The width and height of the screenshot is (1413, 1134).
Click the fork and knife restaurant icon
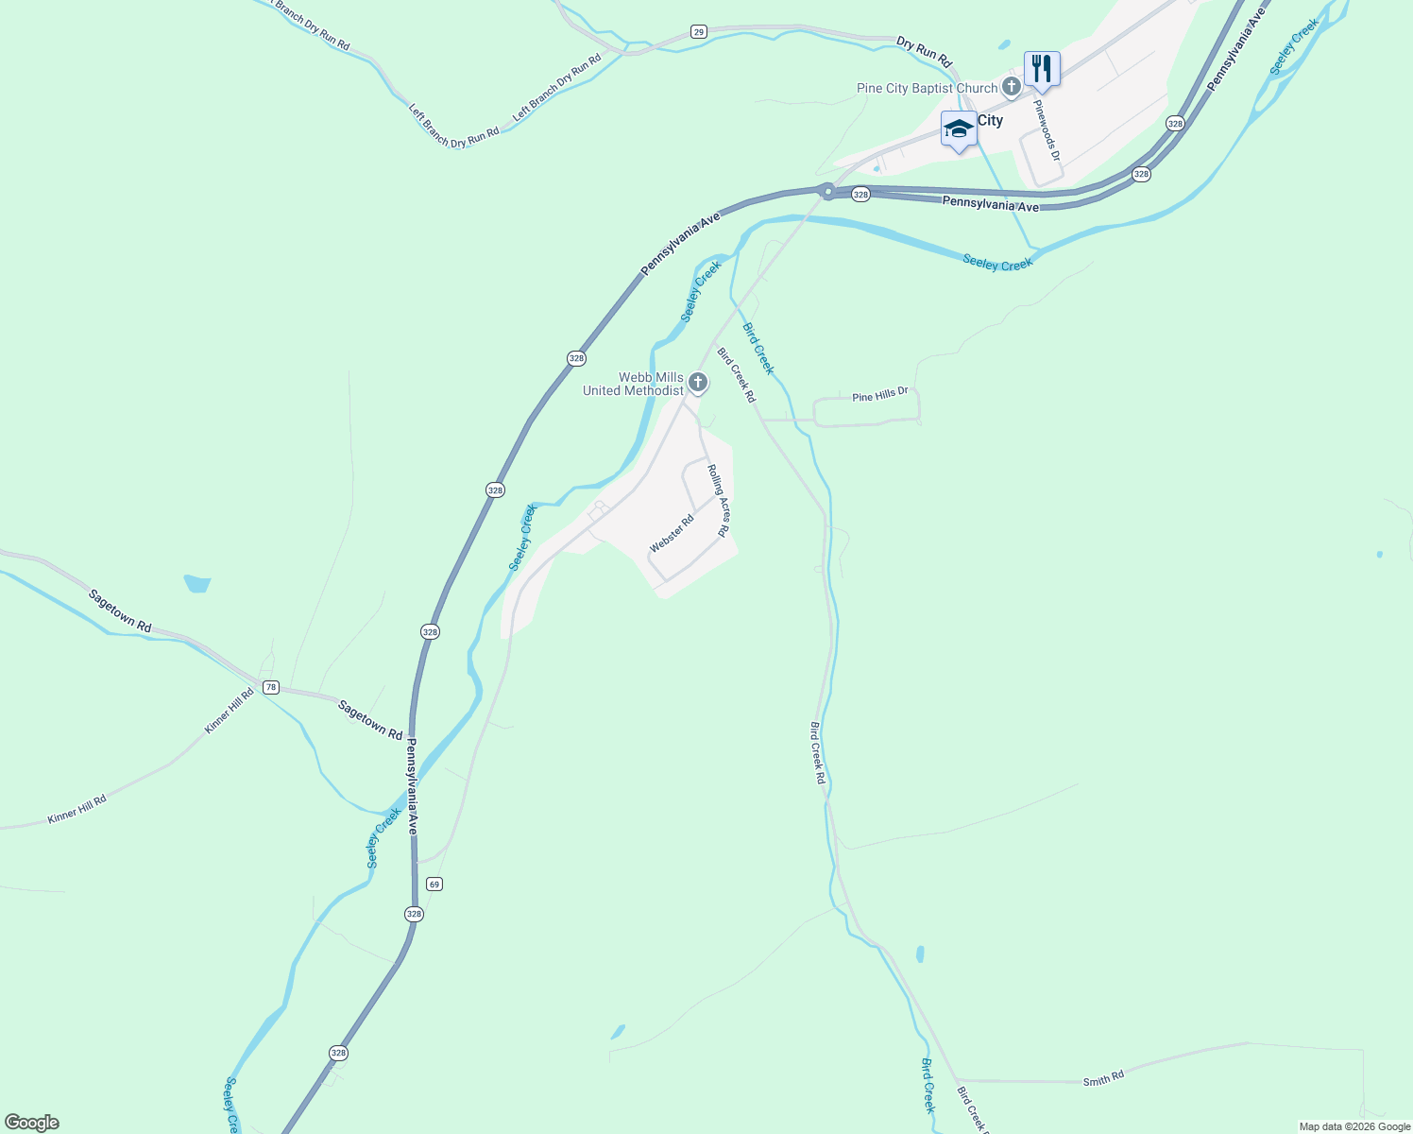[1042, 68]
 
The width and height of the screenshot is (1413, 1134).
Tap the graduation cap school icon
[959, 129]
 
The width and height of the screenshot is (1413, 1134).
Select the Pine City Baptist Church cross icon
[1012, 89]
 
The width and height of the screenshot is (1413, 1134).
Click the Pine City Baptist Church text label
[927, 89]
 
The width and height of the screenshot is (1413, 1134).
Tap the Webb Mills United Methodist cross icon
[698, 383]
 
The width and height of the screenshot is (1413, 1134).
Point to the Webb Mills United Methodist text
[633, 384]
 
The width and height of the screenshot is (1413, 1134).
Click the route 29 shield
[698, 32]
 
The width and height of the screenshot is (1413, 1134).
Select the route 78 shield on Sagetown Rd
[271, 687]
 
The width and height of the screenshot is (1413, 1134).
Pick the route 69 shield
[434, 884]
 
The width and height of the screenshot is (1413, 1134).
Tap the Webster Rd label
[672, 534]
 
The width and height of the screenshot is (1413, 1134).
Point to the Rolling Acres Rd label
[718, 500]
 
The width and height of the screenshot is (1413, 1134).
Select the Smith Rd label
[1103, 1078]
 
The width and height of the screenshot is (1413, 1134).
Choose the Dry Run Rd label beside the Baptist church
[924, 50]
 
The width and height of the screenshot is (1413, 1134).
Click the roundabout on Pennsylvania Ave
[827, 191]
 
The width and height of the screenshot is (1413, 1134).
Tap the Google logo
[31, 1123]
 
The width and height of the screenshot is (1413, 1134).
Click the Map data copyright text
[1354, 1126]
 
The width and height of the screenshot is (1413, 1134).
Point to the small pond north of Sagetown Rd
[197, 583]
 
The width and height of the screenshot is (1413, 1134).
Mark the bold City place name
[990, 121]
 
